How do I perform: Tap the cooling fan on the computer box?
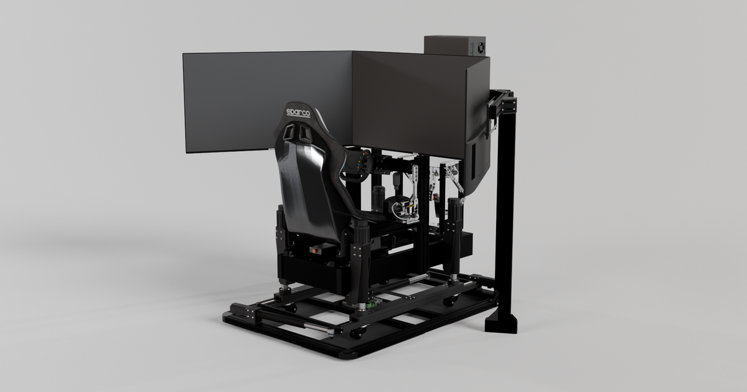coord(480,47)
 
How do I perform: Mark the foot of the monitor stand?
coord(502,322)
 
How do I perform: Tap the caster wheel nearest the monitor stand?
coord(450,301)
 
